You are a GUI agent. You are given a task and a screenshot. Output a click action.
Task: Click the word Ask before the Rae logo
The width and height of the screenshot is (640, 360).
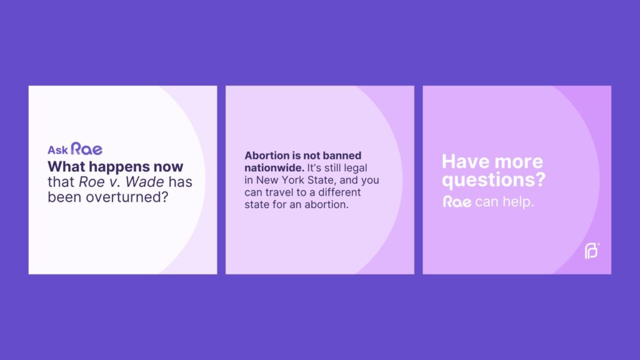tap(57, 150)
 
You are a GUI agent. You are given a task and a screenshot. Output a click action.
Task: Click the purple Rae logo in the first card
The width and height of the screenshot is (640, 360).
tap(86, 149)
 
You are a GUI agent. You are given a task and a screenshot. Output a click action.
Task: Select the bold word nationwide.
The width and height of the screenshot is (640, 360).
tap(274, 167)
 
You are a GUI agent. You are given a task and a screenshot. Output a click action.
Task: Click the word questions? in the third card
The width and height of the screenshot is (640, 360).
tap(494, 180)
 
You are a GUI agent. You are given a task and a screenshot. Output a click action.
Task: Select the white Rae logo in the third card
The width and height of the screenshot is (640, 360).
tap(457, 202)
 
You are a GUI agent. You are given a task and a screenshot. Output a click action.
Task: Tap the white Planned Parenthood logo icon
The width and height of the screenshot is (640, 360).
tap(592, 251)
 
